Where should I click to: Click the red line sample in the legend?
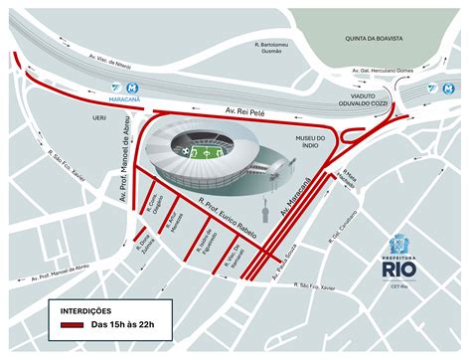point(70,324)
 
